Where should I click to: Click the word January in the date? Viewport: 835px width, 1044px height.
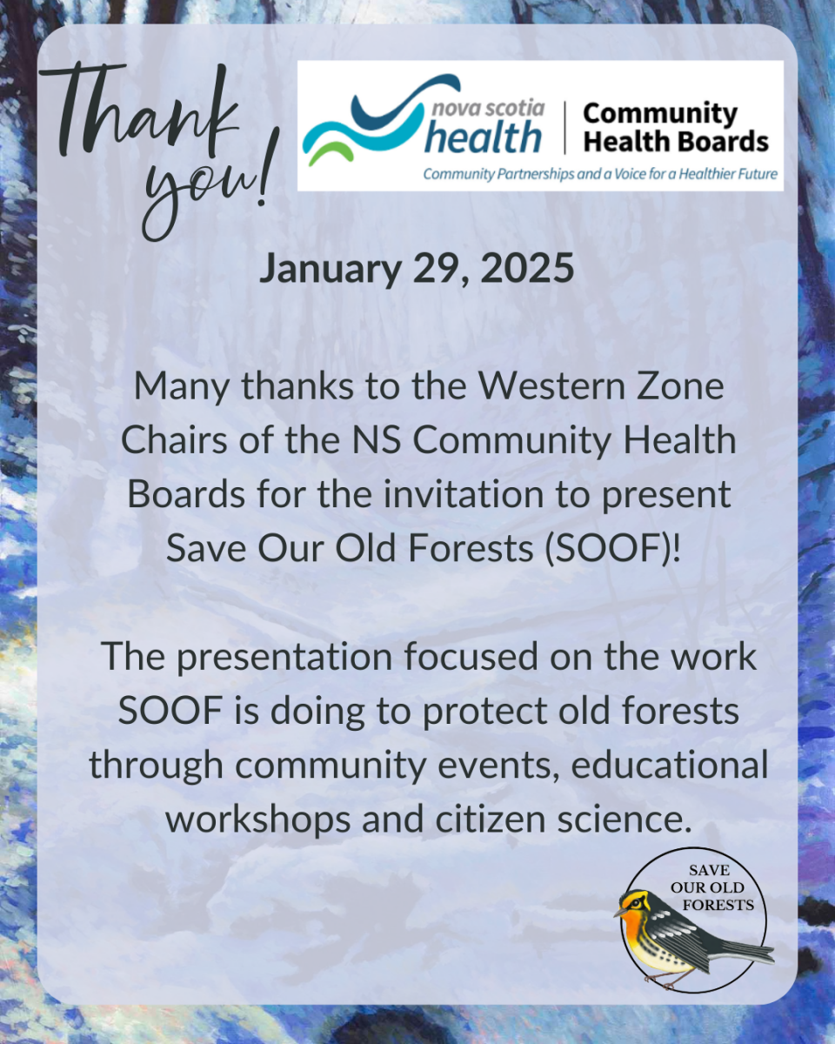pos(331,269)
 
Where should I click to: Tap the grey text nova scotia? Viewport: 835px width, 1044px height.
pos(488,108)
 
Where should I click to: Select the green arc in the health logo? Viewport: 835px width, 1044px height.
pos(330,150)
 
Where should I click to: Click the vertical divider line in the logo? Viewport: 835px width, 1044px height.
pos(564,128)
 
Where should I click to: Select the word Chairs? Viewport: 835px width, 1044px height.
pos(174,440)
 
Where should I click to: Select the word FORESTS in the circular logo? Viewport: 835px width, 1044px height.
pos(718,905)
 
